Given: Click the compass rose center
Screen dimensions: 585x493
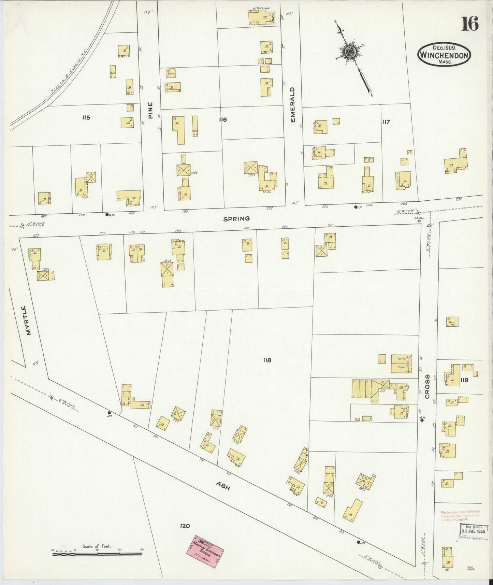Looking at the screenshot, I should coord(350,52).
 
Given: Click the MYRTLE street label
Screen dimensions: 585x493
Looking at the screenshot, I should coord(29,320).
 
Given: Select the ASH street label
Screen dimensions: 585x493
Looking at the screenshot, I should coord(222,486).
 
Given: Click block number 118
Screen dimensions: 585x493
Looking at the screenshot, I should coord(267,360).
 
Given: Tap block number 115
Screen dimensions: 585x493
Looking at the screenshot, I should coord(86,118).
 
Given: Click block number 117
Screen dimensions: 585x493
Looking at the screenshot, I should coord(386,122).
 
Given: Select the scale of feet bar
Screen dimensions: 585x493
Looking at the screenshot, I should coord(98,554).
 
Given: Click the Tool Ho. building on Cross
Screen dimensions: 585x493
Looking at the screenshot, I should coord(452,322).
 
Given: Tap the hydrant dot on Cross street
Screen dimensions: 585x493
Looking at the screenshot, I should coord(422,420).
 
